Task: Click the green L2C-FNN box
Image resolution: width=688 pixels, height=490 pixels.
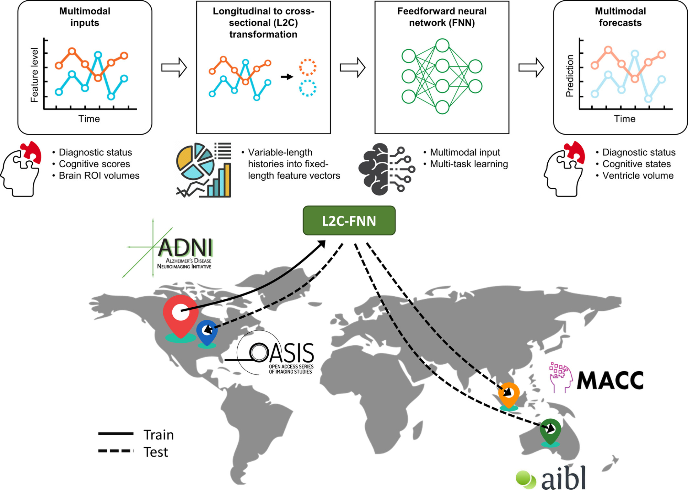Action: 349,221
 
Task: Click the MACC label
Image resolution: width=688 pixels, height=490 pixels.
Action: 610,381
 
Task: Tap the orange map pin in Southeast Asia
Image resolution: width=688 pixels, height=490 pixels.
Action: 509,394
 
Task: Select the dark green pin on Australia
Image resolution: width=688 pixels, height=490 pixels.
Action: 550,430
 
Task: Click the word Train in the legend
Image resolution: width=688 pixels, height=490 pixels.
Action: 159,435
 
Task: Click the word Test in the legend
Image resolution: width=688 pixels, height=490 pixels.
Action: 156,452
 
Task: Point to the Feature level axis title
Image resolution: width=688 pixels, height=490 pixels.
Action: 34,75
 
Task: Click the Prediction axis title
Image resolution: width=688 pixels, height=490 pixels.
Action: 570,76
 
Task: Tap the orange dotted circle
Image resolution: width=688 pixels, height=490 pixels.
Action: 308,67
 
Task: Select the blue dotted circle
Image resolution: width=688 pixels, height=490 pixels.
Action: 308,88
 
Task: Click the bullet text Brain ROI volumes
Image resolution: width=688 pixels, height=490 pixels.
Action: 99,175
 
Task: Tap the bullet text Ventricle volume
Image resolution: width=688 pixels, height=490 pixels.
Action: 638,175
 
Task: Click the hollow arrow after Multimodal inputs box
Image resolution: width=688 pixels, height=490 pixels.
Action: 174,67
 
